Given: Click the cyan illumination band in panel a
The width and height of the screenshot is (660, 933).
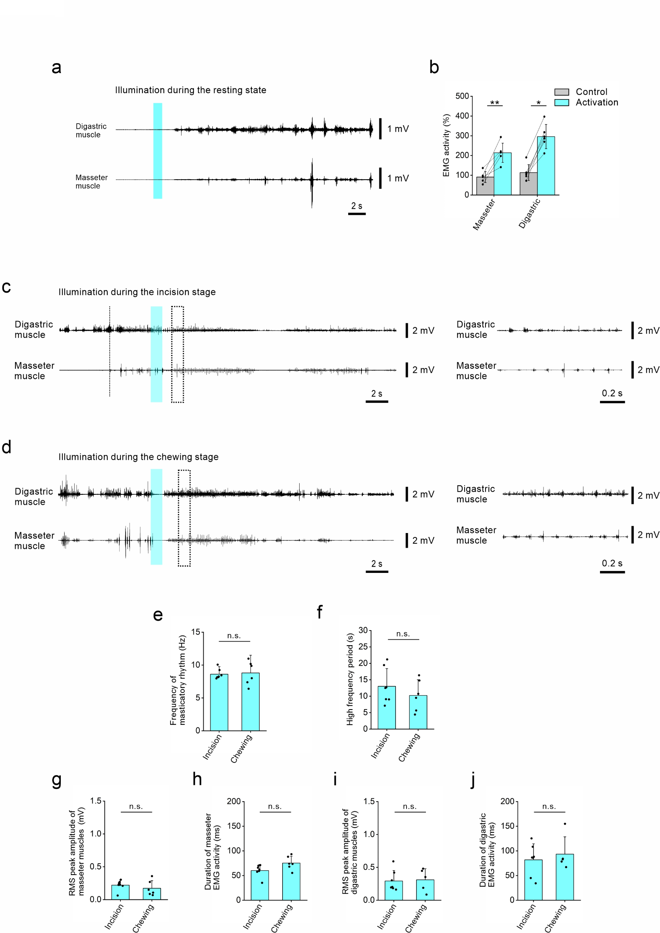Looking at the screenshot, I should point(157,150).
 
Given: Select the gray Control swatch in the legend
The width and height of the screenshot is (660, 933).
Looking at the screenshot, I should point(561,92).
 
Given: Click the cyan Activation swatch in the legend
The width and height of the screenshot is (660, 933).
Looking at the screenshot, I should point(561,102).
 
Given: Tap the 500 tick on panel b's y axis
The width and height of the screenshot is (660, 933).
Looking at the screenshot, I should point(462,96).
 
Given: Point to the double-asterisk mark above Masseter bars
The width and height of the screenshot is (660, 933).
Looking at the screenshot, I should point(495,103).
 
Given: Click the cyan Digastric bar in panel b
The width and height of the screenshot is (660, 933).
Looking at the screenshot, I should point(546,166).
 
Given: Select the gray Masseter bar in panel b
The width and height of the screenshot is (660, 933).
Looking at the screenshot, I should point(485,186).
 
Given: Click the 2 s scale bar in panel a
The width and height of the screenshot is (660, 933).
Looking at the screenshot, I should point(357,214).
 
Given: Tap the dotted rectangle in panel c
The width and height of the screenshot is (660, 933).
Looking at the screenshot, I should point(178,354).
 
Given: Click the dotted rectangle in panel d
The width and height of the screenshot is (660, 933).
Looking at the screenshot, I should point(184,518).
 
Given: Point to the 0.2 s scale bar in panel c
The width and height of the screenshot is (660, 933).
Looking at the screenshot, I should point(612,402).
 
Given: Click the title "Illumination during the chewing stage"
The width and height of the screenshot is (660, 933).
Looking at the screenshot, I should point(138,457).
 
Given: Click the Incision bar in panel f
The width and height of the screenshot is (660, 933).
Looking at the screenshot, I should point(386,708).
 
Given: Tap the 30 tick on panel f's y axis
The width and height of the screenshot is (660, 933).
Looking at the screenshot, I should point(363,631).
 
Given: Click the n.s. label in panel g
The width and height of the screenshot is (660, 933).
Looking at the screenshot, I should point(136,806).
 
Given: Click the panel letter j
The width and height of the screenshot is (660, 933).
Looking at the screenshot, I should point(472,779).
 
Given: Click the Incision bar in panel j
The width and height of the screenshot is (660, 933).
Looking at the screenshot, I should point(533,879).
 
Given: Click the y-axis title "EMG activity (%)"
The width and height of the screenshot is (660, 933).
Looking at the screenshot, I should point(446,145).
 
